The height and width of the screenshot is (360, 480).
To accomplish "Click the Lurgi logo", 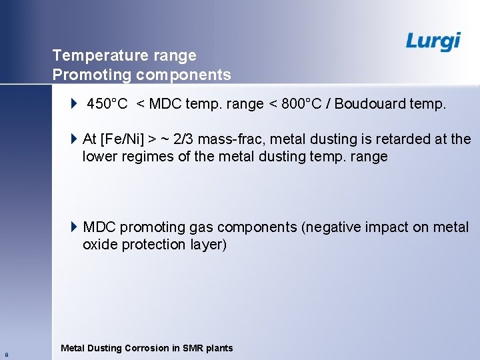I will tap(433, 41).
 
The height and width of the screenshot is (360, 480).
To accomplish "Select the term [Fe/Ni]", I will tap(123, 139).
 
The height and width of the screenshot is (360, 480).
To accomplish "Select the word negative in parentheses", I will tap(331, 227).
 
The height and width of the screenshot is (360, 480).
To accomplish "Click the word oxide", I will tap(99, 245).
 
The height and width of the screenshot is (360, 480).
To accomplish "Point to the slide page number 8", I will tap(6, 355).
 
